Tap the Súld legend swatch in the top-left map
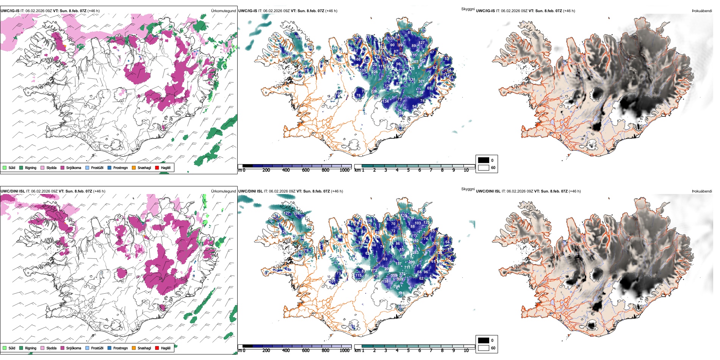pyautogui.click(x=5, y=168)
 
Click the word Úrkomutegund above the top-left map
pyautogui.click(x=223, y=11)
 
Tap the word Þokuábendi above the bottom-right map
pyautogui.click(x=702, y=191)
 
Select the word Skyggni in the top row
pyautogui.click(x=468, y=9)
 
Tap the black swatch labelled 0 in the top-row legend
pyautogui.click(x=484, y=160)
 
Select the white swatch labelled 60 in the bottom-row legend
pyautogui.click(x=484, y=348)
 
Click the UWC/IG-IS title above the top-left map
pyautogui.click(x=10, y=11)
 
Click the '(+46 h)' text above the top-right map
pyautogui.click(x=569, y=11)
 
